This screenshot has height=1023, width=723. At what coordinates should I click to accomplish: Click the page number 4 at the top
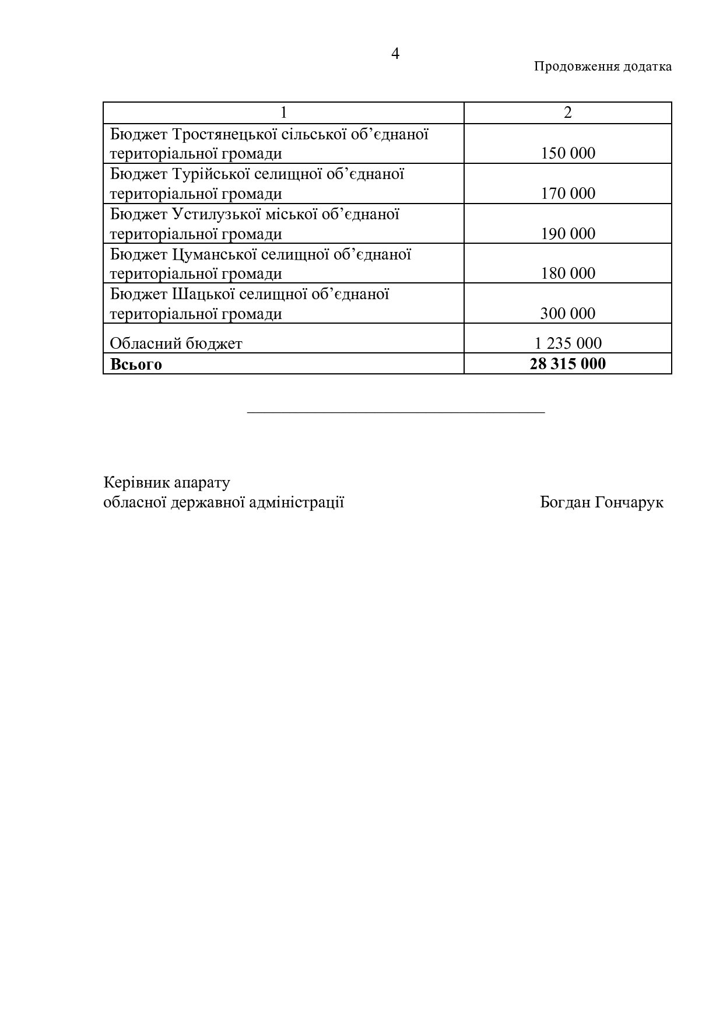coord(395,54)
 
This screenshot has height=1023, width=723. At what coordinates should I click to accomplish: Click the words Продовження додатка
coord(603,66)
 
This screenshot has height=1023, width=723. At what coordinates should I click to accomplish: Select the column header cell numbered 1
coord(283,113)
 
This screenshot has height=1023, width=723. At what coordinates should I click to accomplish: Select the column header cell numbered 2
coord(568,113)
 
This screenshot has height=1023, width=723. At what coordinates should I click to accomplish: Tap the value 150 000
coord(568,153)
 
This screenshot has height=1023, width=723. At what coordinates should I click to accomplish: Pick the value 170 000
coord(568,194)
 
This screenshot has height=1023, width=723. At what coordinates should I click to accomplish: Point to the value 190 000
coord(568,234)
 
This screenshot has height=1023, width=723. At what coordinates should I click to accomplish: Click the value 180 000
coord(568,274)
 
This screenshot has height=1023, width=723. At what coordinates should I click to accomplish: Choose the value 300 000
coord(568,314)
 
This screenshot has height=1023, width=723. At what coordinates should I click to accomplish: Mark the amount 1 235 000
coord(568,343)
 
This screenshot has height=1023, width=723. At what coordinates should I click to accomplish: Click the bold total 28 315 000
coord(568,364)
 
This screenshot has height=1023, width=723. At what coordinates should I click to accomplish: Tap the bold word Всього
coord(136,365)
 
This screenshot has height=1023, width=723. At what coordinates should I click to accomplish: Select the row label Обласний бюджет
coord(176,344)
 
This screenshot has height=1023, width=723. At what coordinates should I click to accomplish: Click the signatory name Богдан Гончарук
coord(602,502)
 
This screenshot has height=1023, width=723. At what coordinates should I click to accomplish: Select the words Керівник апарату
coord(167,483)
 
